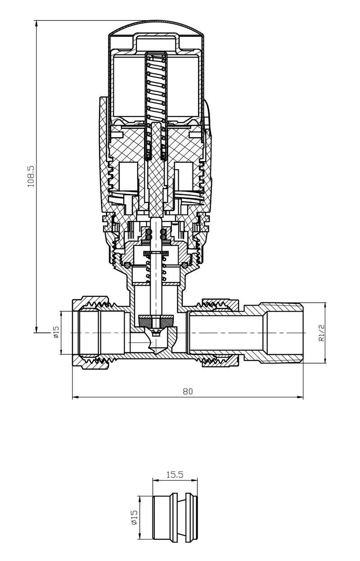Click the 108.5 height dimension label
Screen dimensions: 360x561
pyautogui.click(x=31, y=176)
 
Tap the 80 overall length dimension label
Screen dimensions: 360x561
pyautogui.click(x=188, y=391)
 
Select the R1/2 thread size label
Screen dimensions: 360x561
pyautogui.click(x=321, y=332)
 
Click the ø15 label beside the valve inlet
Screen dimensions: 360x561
pyautogui.click(x=56, y=332)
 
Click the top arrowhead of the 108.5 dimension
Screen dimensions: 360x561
pyautogui.click(x=36, y=23)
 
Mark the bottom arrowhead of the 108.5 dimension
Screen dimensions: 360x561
pyautogui.click(x=36, y=330)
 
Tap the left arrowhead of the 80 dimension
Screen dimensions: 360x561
pyautogui.click(x=76, y=397)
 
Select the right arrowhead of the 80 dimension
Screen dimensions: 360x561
pyautogui.click(x=300, y=397)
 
